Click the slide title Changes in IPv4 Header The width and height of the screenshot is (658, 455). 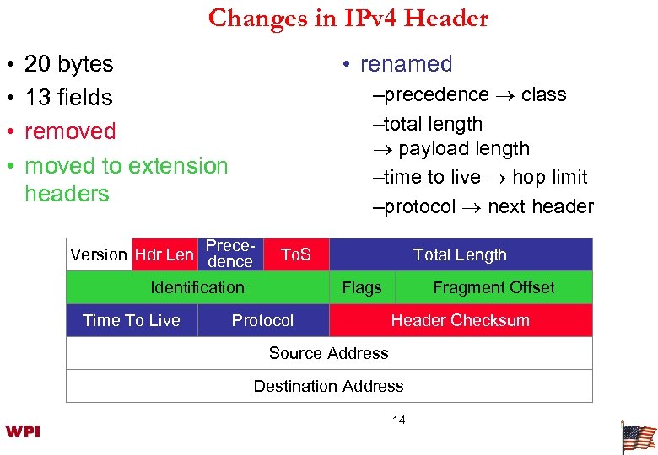point(348,18)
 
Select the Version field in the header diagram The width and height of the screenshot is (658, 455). point(98,254)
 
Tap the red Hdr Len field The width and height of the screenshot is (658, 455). point(164,254)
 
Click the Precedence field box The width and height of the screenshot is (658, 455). point(229,254)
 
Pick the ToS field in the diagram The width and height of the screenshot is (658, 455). point(295,254)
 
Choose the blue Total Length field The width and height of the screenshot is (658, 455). point(460,254)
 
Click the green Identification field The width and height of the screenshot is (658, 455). point(197,287)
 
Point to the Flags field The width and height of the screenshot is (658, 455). point(361,287)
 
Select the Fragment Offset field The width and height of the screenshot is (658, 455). point(493,287)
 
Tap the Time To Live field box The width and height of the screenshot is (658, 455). point(132,320)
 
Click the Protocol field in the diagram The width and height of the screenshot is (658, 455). point(262,320)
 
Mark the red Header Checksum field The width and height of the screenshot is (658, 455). point(460,320)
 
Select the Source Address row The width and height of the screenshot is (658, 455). point(328,353)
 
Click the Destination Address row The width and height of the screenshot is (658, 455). point(328,386)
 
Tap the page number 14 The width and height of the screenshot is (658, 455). point(398,420)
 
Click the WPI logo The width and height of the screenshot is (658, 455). point(23,432)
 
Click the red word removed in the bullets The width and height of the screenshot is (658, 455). point(70,131)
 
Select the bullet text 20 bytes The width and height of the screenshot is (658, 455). point(68,64)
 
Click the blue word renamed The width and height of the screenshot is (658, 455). point(406,64)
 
